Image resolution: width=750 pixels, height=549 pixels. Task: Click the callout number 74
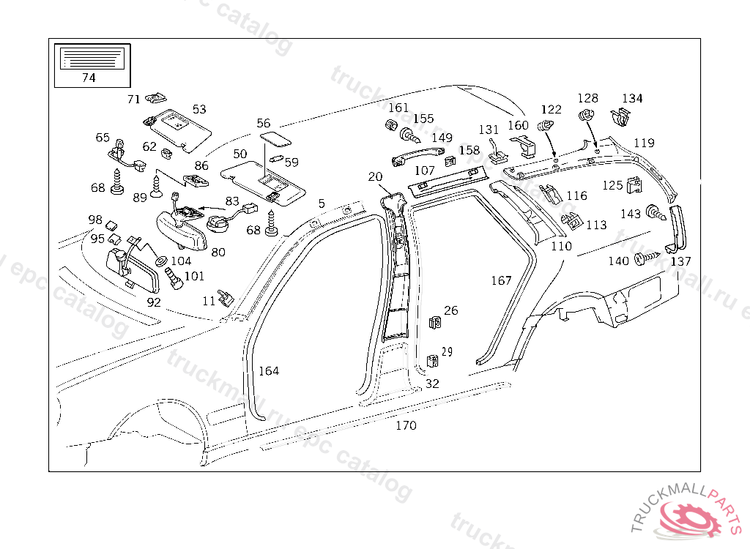[x=88, y=78]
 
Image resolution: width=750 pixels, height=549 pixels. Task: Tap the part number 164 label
[x=269, y=371]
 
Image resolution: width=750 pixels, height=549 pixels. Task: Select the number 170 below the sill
[x=405, y=425]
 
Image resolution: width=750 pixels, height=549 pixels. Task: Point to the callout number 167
[x=501, y=280]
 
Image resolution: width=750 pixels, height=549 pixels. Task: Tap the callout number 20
[x=375, y=177]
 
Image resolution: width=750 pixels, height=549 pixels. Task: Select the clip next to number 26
[x=434, y=322]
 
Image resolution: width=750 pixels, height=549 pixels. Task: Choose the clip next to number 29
[x=431, y=360]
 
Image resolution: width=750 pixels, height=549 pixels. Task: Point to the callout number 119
[x=644, y=143]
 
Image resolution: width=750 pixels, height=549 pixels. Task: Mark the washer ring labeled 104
[x=160, y=261]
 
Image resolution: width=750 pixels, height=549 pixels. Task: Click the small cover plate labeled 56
[x=273, y=138]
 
